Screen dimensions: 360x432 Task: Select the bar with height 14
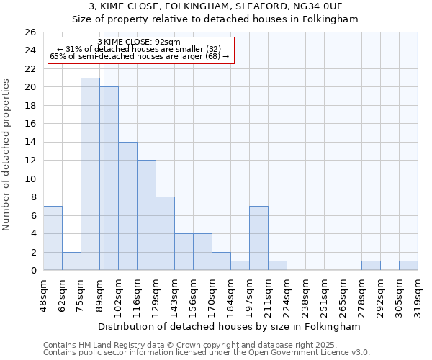(127, 206)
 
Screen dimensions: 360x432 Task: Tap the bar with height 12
(146, 215)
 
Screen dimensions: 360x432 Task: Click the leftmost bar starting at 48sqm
(53, 238)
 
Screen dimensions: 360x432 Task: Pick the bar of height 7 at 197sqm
(258, 238)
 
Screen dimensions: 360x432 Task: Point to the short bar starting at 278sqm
(371, 265)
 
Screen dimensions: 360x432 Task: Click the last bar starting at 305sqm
(408, 265)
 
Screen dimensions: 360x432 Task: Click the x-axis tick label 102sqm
(119, 294)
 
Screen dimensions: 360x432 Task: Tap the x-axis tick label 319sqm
(418, 294)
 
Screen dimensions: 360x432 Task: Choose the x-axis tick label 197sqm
(250, 294)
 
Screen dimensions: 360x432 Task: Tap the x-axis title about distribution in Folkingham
(230, 326)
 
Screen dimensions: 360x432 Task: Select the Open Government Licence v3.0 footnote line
(207, 353)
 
